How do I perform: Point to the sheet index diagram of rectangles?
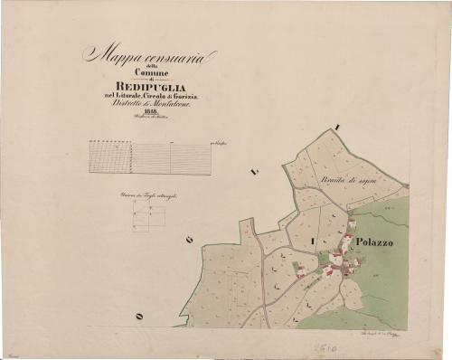pos(149,215)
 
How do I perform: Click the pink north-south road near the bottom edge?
pos(263,298)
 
